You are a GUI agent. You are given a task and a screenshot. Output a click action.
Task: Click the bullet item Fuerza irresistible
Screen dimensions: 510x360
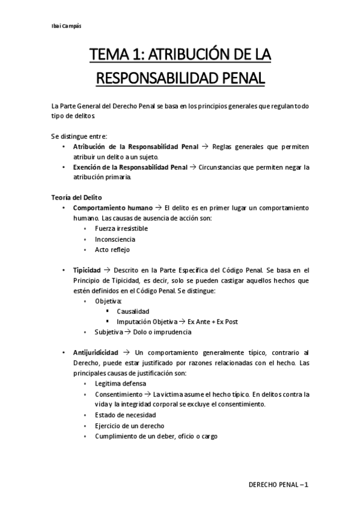click(x=121, y=229)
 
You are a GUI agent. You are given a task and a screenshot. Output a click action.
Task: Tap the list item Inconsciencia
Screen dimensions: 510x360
click(x=115, y=239)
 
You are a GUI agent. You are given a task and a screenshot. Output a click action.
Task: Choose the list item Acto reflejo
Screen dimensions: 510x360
click(x=112, y=250)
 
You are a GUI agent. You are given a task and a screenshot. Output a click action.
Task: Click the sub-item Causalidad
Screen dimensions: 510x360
click(x=133, y=312)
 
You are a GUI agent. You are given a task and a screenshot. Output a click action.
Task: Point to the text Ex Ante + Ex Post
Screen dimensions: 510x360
click(x=213, y=322)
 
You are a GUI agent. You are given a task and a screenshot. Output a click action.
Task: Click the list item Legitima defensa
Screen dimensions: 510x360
click(x=120, y=383)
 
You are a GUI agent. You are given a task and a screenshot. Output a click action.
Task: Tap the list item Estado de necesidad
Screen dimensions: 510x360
click(x=125, y=415)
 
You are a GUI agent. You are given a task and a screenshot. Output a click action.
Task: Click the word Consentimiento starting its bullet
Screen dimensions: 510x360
click(x=119, y=394)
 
